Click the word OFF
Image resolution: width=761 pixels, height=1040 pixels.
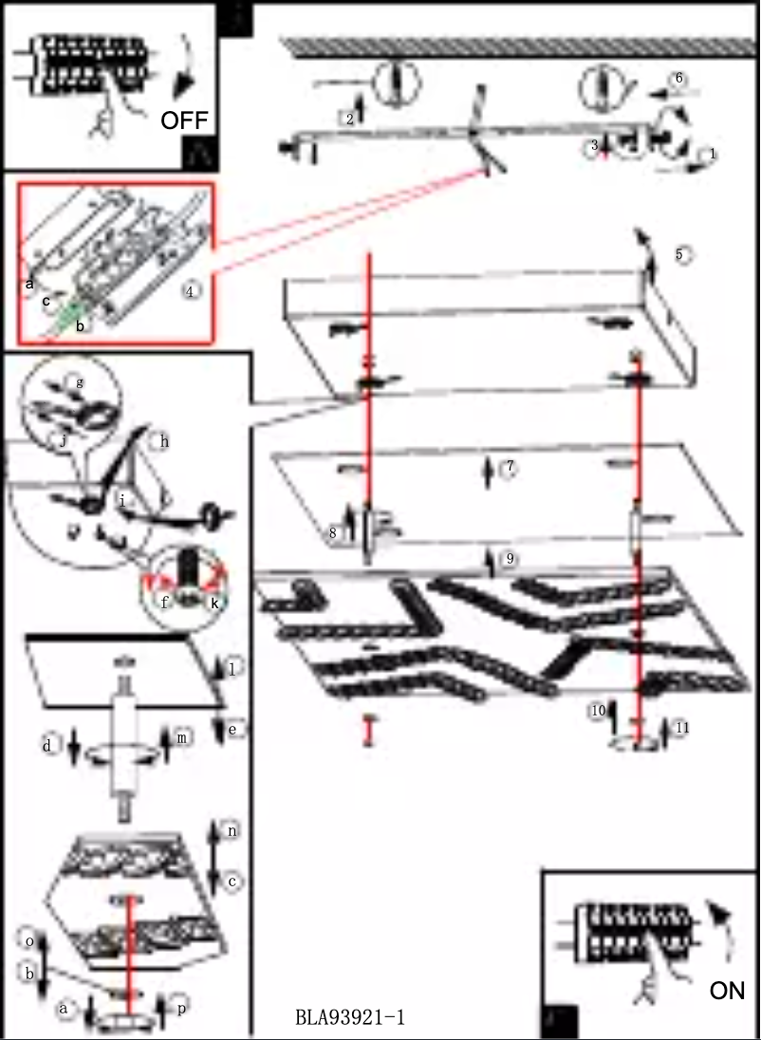point(184,120)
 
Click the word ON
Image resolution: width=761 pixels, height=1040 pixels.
point(728,991)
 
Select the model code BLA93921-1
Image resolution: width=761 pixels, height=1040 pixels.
point(350,1018)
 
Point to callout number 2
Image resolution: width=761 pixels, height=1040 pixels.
point(350,118)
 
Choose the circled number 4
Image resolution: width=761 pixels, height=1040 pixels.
point(191,292)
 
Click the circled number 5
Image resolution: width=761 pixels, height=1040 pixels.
point(680,254)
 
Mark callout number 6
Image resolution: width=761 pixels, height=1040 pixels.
point(677,79)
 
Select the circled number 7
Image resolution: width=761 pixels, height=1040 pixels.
point(510,469)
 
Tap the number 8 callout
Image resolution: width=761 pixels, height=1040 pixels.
point(333,533)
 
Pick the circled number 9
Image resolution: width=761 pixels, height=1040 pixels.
point(510,560)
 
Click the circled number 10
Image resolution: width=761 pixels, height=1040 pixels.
point(598,710)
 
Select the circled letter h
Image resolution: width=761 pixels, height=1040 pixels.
point(164,441)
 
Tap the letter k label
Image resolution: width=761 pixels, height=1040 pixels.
point(214,601)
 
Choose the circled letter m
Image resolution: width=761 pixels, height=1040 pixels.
point(182,736)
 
